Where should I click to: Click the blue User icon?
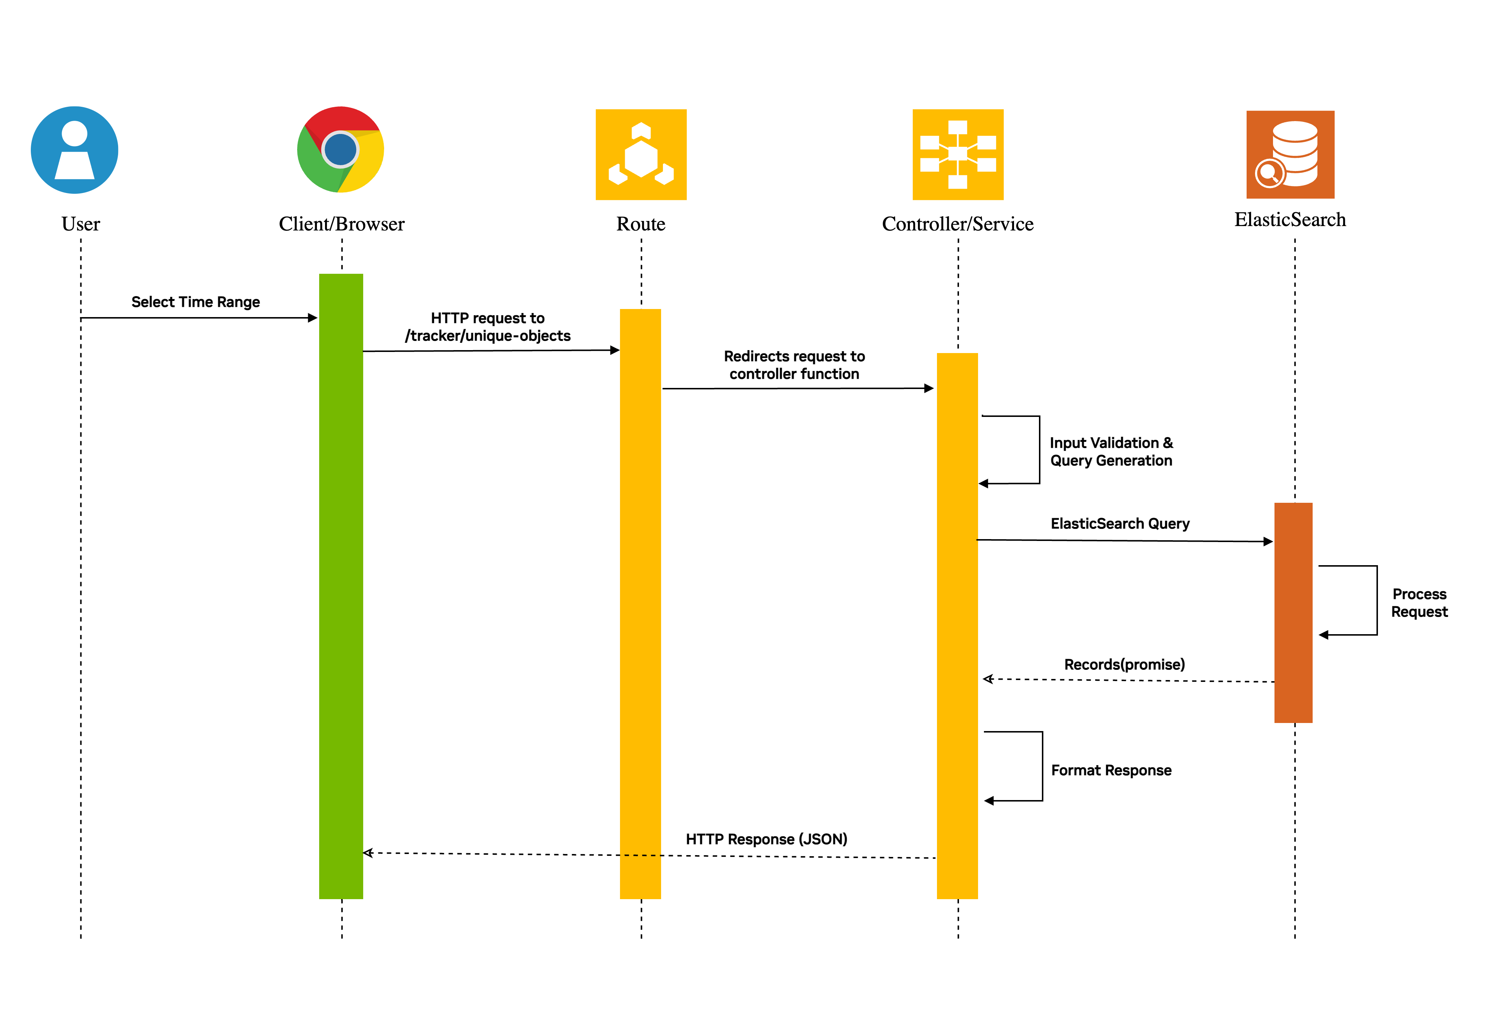[74, 150]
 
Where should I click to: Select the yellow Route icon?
[641, 155]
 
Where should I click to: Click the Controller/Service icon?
[957, 155]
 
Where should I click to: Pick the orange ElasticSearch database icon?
[1290, 155]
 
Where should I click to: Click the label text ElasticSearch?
[1290, 220]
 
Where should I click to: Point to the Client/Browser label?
[341, 224]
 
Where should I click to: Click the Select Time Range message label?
[195, 302]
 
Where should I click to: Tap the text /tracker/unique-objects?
[488, 335]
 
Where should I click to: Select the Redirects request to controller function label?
[794, 365]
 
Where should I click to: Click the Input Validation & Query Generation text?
[1110, 451]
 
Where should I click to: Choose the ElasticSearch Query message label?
[1120, 523]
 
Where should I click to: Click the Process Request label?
[1419, 603]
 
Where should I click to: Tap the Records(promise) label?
[1124, 664]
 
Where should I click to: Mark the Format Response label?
[1110, 770]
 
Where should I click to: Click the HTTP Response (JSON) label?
[766, 839]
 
